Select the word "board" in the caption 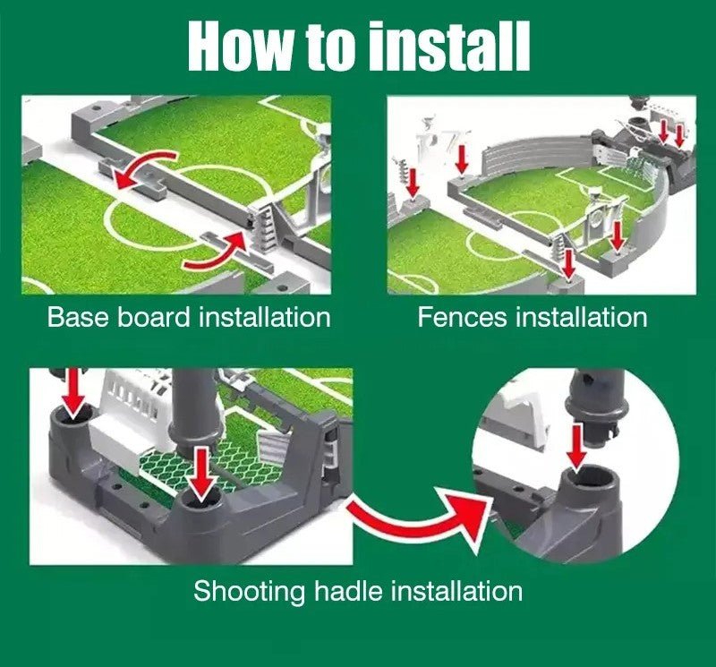point(153,317)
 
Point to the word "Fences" point(462,317)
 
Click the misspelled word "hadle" point(348,591)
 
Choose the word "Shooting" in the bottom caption point(250,592)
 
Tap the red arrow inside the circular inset point(578,448)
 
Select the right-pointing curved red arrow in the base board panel point(215,252)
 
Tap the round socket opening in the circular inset point(589,477)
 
